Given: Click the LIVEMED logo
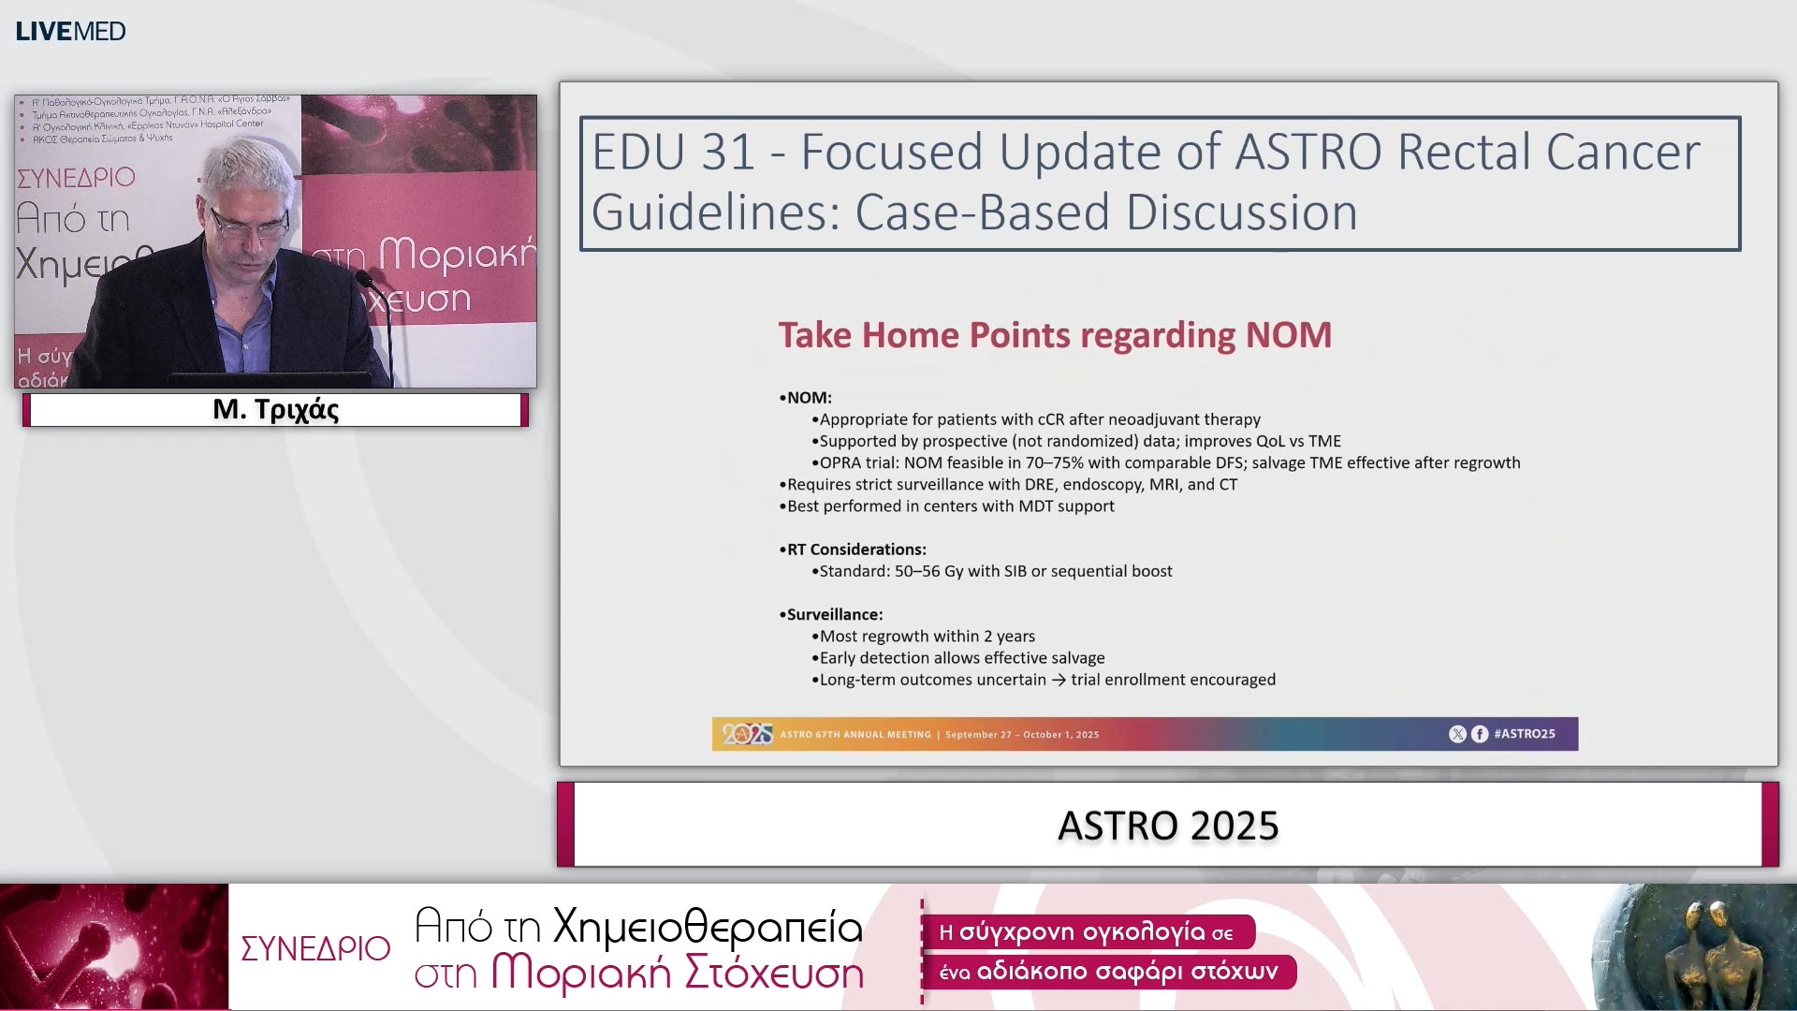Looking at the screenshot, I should point(70,31).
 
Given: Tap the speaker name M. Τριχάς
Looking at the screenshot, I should point(275,410).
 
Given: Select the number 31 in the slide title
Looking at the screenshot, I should point(728,153).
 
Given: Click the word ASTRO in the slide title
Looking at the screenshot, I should point(1308,153).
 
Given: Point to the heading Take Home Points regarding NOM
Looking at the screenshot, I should point(1055,335).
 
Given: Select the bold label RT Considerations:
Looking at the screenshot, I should point(855,549).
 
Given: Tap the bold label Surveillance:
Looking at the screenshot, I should point(834,615).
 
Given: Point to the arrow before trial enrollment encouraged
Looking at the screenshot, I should point(1059,681).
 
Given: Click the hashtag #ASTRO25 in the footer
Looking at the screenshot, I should point(1524,734).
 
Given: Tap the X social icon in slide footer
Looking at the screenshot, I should point(1457,734).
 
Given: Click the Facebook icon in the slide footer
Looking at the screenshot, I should point(1480,734).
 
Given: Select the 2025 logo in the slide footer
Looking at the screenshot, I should point(746,734).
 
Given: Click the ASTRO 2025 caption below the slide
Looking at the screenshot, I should point(1167,826).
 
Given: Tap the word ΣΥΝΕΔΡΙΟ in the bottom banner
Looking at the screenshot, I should point(315,948).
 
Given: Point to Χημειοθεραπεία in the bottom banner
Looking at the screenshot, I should point(707,927).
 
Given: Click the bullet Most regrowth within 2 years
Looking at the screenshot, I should point(927,637).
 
